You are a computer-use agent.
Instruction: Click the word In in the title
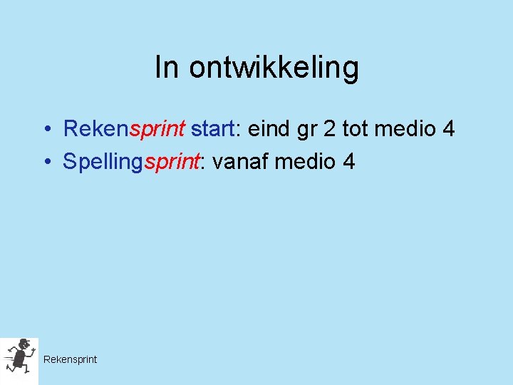[x=165, y=68]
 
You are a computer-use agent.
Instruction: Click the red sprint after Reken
[x=157, y=130]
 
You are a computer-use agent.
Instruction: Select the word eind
[x=269, y=129]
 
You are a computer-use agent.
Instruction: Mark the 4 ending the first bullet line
[x=448, y=129]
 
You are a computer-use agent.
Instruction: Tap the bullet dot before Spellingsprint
[x=45, y=163]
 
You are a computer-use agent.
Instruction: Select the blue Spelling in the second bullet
[x=103, y=163]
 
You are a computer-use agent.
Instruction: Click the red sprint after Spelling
[x=171, y=163]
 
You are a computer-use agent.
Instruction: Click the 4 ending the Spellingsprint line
[x=348, y=162]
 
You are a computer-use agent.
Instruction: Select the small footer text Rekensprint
[x=70, y=359]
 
